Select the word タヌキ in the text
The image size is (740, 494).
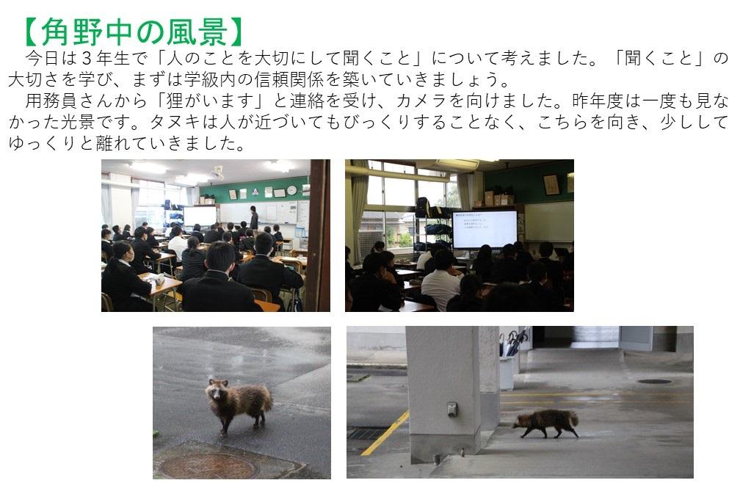[x=175, y=122]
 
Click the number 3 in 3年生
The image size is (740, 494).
[x=86, y=58]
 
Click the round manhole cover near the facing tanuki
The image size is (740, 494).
[x=207, y=466]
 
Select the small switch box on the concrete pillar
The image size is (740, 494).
[x=452, y=409]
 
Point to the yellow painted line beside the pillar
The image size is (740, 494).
[x=385, y=433]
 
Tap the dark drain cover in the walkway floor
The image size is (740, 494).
[x=654, y=381]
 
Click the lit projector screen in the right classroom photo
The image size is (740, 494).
[x=485, y=229]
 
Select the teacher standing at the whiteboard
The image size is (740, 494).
[x=254, y=218]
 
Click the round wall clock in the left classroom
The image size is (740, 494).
[x=291, y=189]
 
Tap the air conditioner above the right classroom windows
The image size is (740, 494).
[x=457, y=164]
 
